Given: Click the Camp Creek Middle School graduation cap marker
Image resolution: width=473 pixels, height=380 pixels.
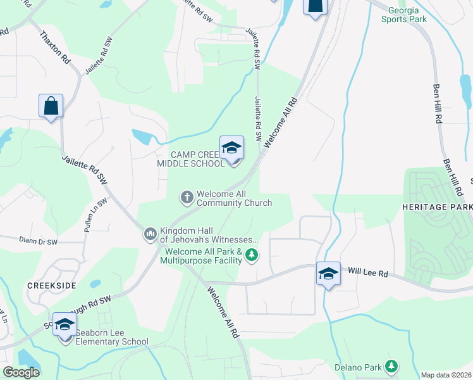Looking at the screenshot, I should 231,149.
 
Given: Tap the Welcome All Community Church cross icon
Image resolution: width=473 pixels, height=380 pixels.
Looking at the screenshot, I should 187,198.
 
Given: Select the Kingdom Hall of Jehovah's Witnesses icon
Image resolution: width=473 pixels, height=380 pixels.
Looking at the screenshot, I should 150,235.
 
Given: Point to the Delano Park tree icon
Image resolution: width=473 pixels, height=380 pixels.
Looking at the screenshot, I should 392,366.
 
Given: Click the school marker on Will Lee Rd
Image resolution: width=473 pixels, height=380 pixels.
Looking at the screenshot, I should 328,274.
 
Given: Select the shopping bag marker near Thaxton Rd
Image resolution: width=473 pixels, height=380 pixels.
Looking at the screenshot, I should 51,106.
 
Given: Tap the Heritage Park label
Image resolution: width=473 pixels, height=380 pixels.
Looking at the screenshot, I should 437,208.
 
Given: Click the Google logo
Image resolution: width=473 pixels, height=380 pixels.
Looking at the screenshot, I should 21,372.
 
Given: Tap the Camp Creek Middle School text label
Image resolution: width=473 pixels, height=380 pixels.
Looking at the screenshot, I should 190,159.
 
